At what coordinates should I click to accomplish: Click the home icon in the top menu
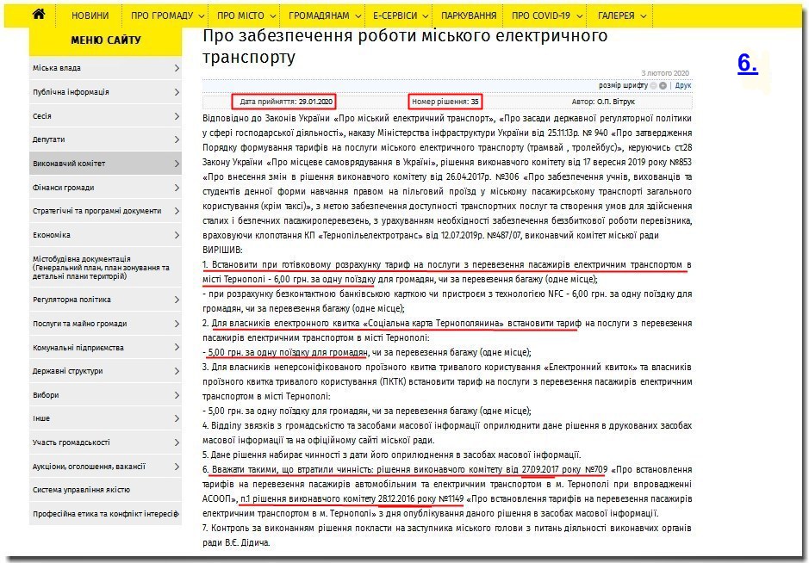click(x=39, y=15)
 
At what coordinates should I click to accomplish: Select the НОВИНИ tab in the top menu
click(x=90, y=15)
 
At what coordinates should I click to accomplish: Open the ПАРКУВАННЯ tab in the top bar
click(x=469, y=15)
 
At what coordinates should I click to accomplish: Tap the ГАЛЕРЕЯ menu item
click(x=616, y=15)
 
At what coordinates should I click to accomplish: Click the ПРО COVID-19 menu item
click(x=541, y=15)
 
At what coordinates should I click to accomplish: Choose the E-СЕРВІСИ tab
click(x=395, y=15)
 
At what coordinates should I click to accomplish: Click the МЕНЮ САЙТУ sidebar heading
click(x=105, y=40)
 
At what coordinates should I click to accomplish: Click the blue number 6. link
click(x=748, y=63)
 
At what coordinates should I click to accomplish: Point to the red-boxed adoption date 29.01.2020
click(x=286, y=101)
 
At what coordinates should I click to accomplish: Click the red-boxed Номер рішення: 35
click(x=445, y=101)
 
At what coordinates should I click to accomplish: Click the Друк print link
click(x=683, y=86)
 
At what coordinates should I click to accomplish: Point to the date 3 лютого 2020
click(x=666, y=73)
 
